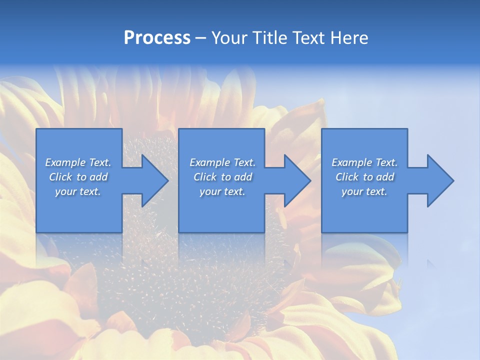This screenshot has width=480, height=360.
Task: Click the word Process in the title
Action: point(157,38)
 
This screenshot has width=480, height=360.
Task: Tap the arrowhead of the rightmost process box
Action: point(439,180)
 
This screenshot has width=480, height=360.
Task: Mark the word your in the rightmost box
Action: point(352,191)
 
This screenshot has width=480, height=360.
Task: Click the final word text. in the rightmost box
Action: point(376,191)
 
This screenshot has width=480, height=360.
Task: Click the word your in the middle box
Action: point(210,191)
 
